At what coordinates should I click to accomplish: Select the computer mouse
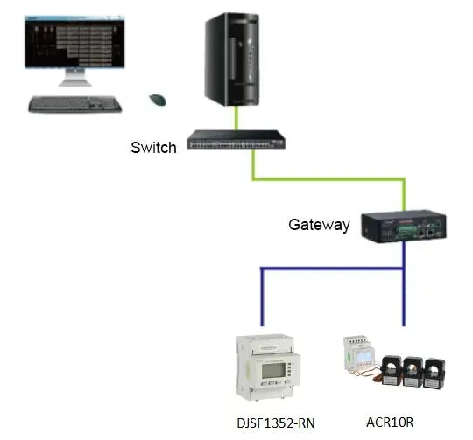(159, 100)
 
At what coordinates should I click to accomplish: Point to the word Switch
(153, 147)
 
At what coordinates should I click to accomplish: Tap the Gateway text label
(319, 225)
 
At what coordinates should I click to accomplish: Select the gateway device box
(406, 223)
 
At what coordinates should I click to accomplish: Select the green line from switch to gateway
(328, 179)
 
